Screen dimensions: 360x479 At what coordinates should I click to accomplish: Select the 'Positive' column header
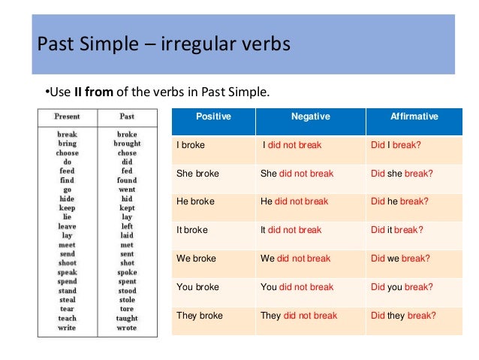[x=213, y=117]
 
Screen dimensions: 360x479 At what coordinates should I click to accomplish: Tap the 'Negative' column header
[x=310, y=117]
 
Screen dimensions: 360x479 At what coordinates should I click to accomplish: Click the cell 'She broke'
[x=197, y=174]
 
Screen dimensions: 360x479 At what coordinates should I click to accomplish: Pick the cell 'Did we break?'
[x=400, y=259]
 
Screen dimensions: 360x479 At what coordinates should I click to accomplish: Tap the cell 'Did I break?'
[x=396, y=145]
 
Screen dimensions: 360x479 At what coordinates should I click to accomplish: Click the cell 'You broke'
[x=197, y=287]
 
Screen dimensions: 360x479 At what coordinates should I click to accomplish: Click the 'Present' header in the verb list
[x=68, y=117]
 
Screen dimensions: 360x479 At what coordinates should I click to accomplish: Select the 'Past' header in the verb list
[x=127, y=117]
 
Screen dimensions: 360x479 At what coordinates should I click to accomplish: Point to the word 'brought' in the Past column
[x=127, y=144]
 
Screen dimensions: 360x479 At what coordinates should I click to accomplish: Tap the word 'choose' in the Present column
[x=68, y=153]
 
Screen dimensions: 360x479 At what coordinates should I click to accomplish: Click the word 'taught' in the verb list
[x=127, y=319]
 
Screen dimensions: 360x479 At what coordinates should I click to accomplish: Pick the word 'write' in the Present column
[x=68, y=328]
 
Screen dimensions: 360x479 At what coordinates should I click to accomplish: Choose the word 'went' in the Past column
[x=127, y=189]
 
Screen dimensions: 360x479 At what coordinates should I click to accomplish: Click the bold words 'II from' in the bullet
[x=90, y=92]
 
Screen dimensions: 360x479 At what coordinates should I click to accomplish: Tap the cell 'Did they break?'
[x=403, y=316]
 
